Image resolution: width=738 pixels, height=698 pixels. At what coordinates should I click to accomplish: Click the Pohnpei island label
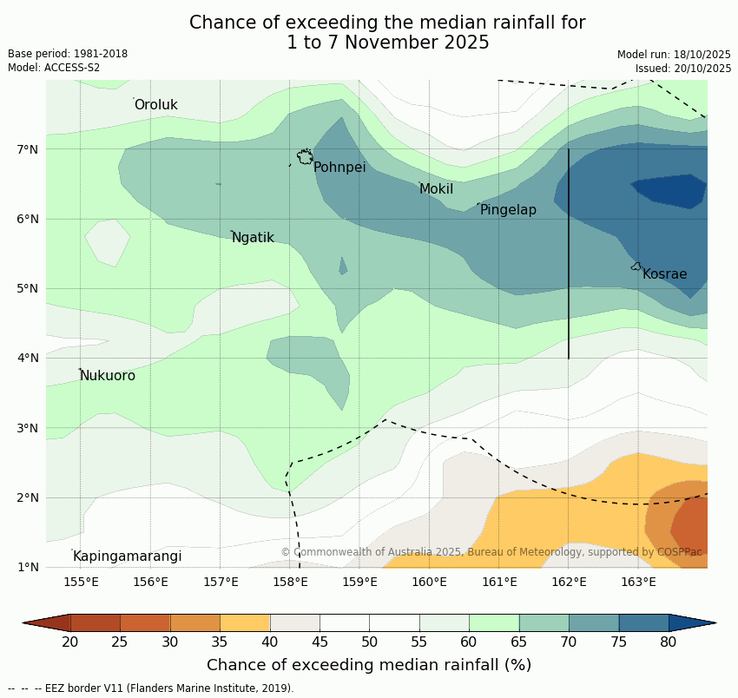[x=339, y=168]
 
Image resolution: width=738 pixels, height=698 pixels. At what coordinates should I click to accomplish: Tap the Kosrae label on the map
[x=664, y=274]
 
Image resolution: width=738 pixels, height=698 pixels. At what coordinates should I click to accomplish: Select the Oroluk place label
[x=155, y=105]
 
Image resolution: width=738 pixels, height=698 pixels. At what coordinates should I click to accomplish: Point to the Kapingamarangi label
[x=127, y=556]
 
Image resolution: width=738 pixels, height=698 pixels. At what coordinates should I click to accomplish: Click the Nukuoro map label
[x=108, y=376]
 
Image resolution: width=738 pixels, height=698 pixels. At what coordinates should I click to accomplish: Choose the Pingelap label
[x=508, y=210]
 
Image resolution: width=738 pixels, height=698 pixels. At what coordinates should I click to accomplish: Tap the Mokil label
[x=436, y=189]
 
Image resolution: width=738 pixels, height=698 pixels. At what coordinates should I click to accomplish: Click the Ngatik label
[x=253, y=238]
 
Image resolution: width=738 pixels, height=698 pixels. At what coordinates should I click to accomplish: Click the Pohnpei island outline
[x=305, y=156]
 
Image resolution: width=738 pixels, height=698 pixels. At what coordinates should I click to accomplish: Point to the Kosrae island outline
[x=636, y=267]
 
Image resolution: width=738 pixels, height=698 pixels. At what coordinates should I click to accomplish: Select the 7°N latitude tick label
[x=28, y=149]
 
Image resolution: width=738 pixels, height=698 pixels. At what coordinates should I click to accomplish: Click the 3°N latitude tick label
[x=28, y=428]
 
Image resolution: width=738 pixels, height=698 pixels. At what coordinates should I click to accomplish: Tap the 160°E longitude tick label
[x=429, y=582]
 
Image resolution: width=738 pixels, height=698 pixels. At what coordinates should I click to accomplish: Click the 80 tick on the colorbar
[x=669, y=642]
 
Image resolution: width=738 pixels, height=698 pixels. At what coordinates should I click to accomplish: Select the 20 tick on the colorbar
[x=70, y=642]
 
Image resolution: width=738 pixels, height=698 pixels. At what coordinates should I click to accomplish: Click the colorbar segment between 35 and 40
[x=245, y=622]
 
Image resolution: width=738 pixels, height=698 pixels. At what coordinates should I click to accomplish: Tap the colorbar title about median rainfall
[x=369, y=665]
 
